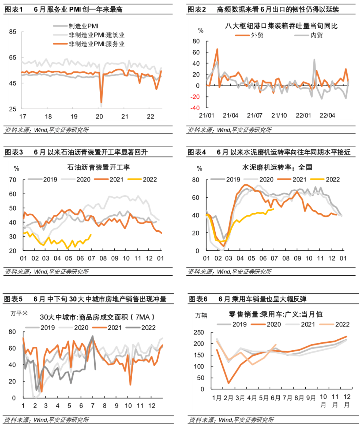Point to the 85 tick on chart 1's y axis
click(x=13, y=32)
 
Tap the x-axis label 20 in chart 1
click(x=99, y=117)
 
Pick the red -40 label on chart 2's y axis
click(x=195, y=108)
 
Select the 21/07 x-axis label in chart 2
click(x=254, y=115)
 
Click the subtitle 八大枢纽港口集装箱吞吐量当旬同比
click(x=281, y=26)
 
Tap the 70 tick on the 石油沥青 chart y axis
click(x=13, y=180)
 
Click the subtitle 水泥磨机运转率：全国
click(x=277, y=167)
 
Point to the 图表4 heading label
click(x=197, y=152)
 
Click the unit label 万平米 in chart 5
click(x=19, y=313)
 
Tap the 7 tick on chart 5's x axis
click(x=93, y=406)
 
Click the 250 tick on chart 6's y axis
click(x=199, y=332)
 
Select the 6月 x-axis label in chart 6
click(x=275, y=398)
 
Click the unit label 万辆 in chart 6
click(x=201, y=316)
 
